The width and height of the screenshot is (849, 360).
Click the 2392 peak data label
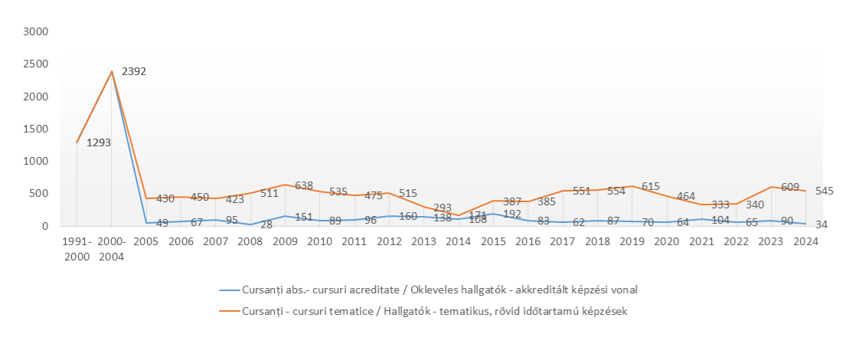tap(134, 72)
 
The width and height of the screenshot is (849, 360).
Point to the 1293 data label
tap(99, 142)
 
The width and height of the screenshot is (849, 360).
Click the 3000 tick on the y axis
tap(37, 32)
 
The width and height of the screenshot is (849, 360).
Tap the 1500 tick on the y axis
tap(37, 129)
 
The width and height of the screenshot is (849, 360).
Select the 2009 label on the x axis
tap(285, 241)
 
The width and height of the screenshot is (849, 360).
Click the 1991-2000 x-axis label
tap(77, 248)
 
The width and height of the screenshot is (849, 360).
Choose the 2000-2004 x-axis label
tap(112, 248)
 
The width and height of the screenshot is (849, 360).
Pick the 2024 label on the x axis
tap(806, 241)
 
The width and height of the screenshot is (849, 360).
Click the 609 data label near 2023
tap(790, 187)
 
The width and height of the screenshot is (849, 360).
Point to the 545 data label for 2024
tap(825, 191)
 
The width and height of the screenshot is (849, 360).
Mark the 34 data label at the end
tap(820, 224)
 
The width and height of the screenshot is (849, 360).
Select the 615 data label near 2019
tap(651, 186)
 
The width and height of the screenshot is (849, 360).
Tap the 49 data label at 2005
tap(162, 224)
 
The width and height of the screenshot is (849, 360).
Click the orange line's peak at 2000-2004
tap(112, 71)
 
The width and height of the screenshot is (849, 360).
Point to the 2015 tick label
tap(493, 241)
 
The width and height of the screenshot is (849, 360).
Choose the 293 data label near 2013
tap(442, 208)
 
